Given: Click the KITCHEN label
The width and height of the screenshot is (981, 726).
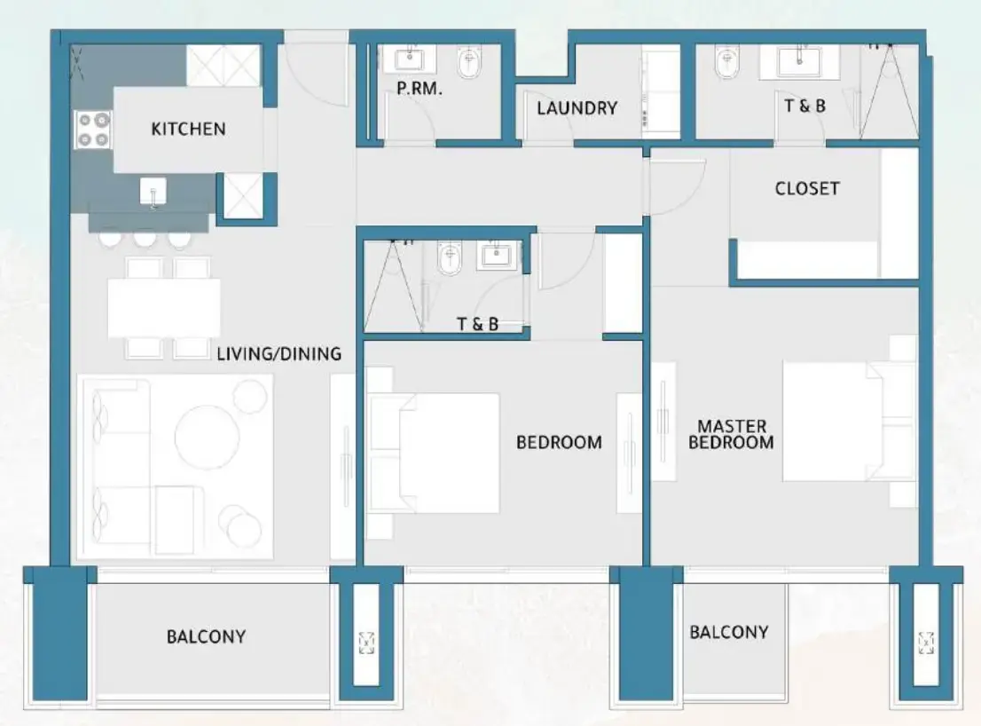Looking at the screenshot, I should (188, 130).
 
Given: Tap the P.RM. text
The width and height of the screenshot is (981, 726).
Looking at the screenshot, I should (420, 90).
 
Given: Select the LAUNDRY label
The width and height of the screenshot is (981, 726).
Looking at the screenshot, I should (577, 108).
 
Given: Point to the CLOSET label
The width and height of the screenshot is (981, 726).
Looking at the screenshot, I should (806, 189).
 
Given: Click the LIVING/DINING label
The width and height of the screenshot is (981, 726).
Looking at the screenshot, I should (279, 354).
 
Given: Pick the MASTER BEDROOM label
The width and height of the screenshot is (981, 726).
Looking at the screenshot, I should (731, 435).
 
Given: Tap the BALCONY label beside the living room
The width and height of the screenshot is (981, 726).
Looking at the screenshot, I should (206, 636).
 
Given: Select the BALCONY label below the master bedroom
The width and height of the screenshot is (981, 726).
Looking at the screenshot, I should (728, 632).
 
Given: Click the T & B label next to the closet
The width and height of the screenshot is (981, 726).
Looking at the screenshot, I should (804, 106).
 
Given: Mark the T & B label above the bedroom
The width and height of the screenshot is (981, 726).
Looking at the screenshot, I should (477, 325).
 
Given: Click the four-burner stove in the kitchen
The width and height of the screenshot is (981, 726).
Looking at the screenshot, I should (92, 130).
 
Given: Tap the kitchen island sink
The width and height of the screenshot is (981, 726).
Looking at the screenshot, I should (153, 191).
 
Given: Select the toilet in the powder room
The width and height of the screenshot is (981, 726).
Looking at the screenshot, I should (469, 63).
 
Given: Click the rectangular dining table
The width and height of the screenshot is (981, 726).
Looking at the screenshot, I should (164, 308).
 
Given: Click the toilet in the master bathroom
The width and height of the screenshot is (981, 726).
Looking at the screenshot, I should (726, 63).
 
